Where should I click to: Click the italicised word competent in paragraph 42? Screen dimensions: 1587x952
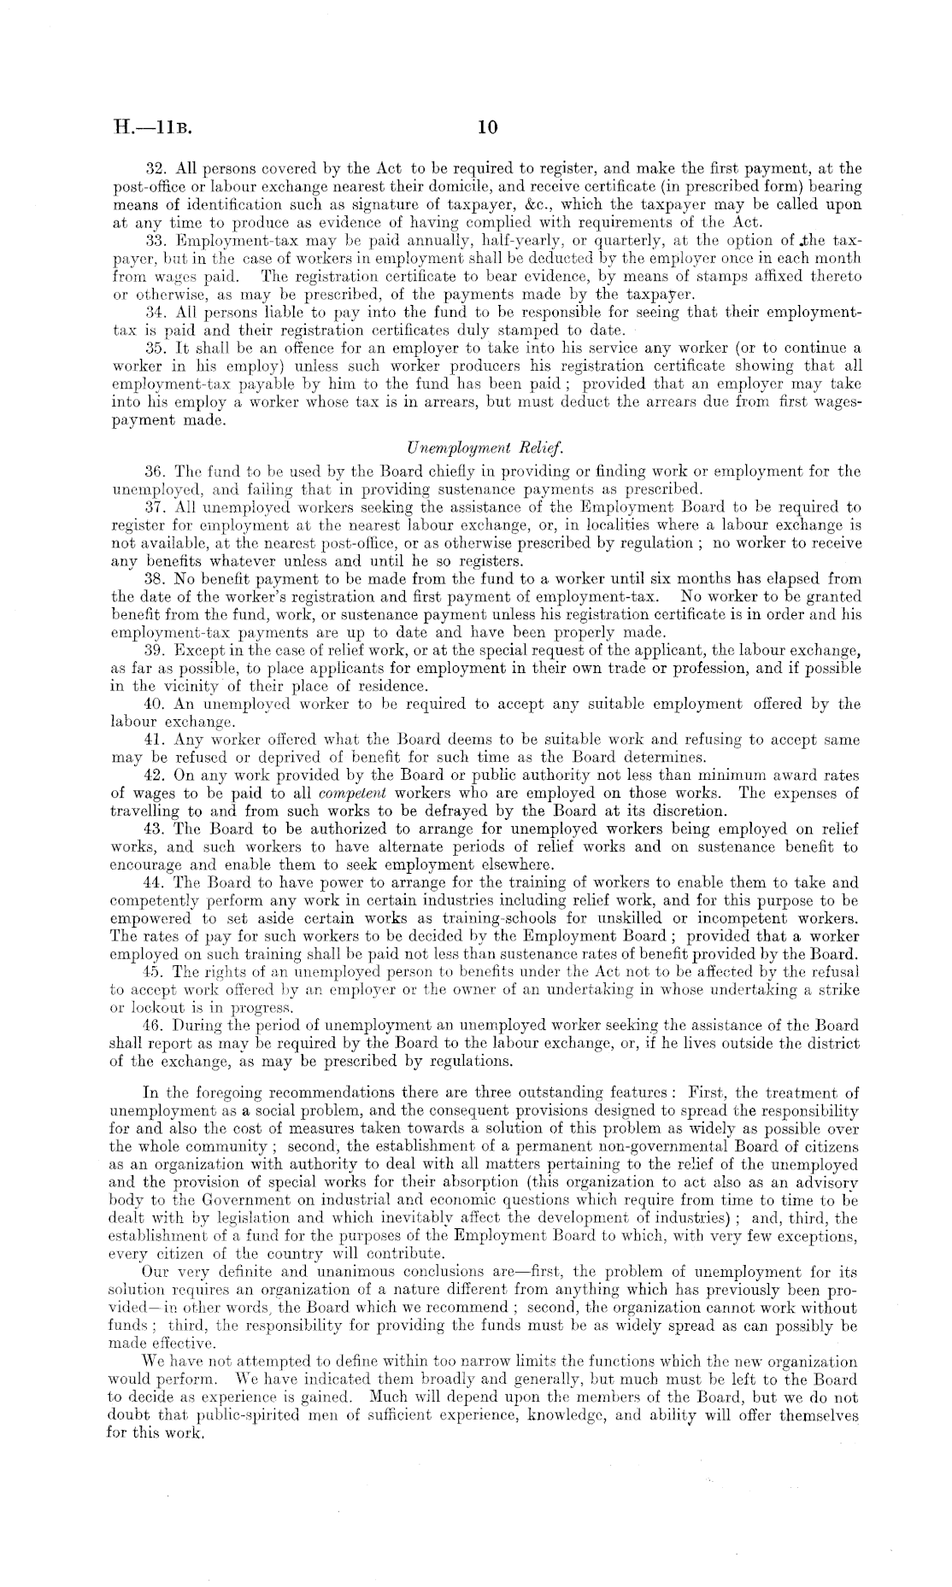(x=346, y=793)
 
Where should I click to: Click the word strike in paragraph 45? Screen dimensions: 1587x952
(x=838, y=990)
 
